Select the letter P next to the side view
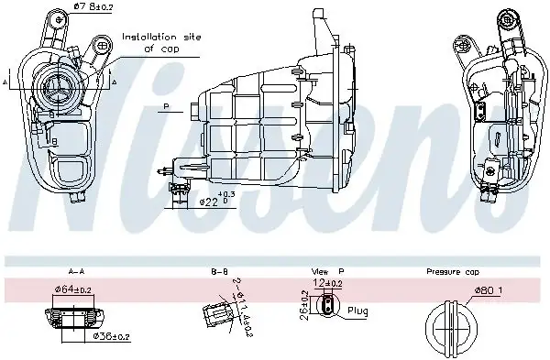click(167, 107)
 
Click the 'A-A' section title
click(77, 271)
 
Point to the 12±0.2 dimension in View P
click(328, 283)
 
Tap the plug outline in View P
click(327, 309)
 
